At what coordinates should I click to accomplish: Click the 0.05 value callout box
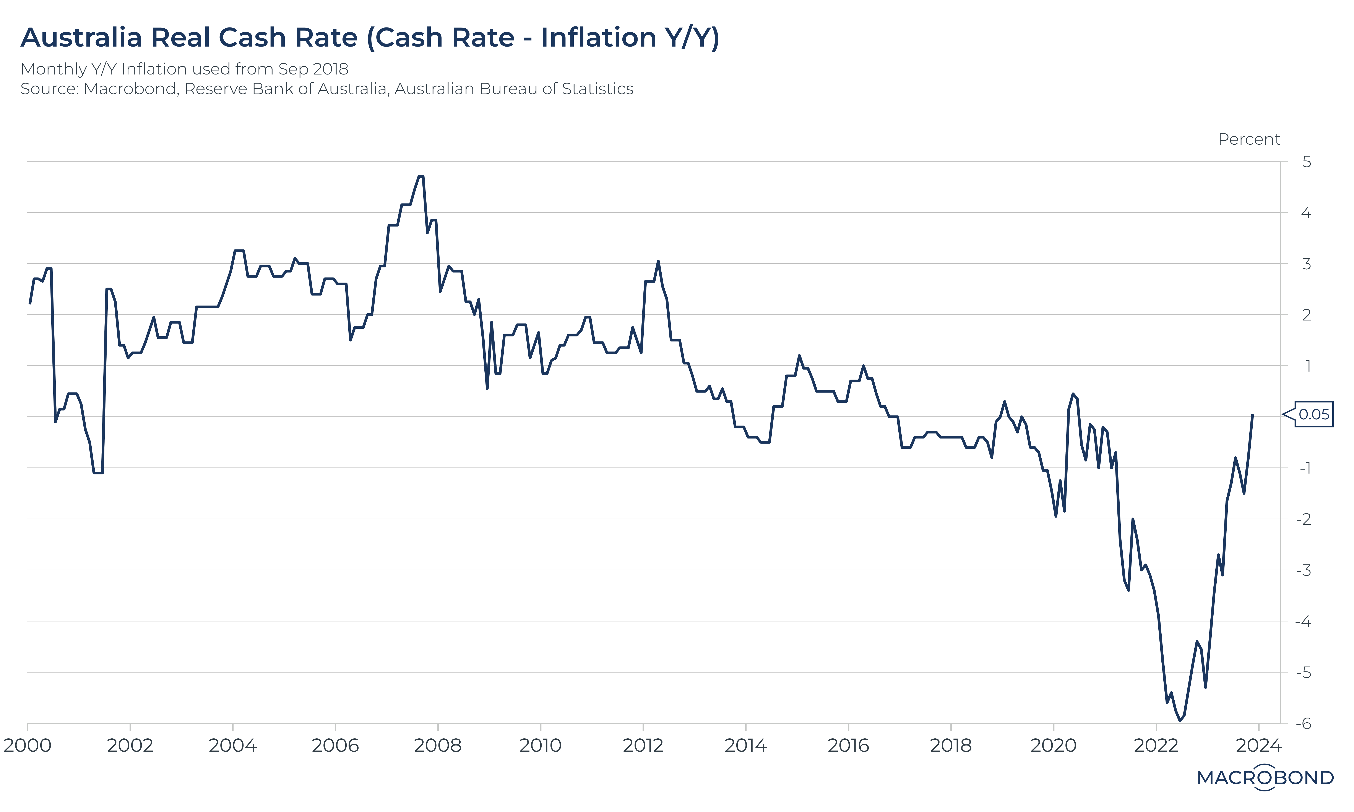(x=1313, y=414)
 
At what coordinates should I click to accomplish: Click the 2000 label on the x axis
(x=27, y=746)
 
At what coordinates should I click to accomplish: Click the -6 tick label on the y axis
(x=1304, y=724)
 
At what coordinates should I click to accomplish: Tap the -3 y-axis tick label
(x=1304, y=571)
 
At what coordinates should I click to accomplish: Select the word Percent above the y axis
(x=1249, y=139)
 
